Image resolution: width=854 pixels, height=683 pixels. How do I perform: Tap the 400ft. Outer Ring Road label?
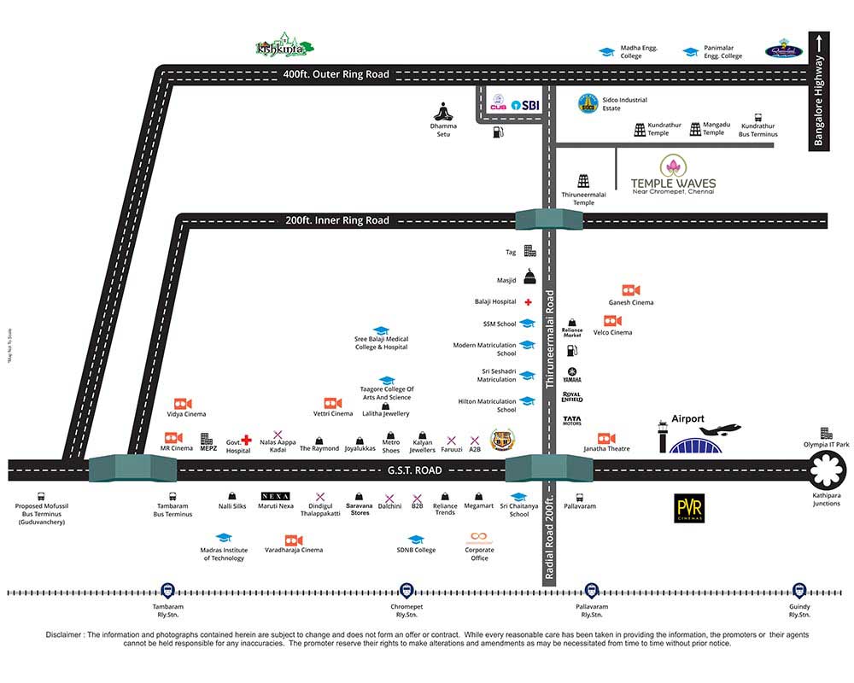(x=336, y=74)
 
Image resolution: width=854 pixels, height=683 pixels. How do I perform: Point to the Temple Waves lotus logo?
(x=674, y=166)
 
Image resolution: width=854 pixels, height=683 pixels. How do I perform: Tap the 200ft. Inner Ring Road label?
(x=337, y=220)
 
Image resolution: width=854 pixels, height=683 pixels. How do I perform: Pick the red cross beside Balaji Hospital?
(x=529, y=302)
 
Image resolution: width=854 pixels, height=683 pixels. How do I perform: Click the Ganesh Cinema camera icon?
(x=631, y=290)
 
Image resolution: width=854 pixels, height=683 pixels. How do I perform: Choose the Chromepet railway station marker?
(x=407, y=591)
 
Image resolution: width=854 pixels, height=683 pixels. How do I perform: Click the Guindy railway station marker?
(x=799, y=591)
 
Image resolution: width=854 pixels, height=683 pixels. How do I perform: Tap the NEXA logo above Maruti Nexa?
(x=275, y=496)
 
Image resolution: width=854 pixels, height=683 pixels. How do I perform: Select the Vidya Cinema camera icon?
(x=183, y=404)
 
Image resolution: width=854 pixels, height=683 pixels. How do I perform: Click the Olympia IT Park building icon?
(x=826, y=433)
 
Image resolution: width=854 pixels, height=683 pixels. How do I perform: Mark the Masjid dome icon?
(x=529, y=276)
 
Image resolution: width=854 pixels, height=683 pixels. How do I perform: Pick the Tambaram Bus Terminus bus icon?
(x=173, y=496)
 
